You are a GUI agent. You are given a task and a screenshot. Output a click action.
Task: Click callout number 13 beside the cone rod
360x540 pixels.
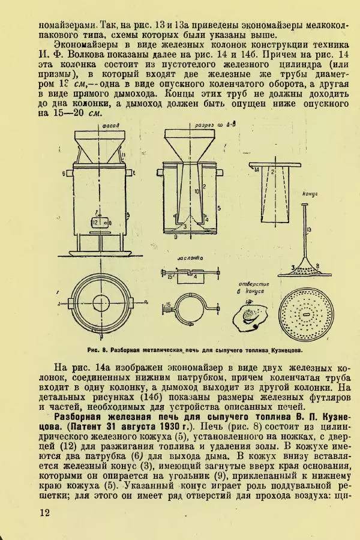pyautogui.click(x=309, y=229)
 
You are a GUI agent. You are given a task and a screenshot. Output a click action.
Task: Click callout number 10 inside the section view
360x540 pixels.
pyautogui.click(x=196, y=191)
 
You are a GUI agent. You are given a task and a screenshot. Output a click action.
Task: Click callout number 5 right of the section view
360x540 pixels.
pyautogui.click(x=219, y=207)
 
